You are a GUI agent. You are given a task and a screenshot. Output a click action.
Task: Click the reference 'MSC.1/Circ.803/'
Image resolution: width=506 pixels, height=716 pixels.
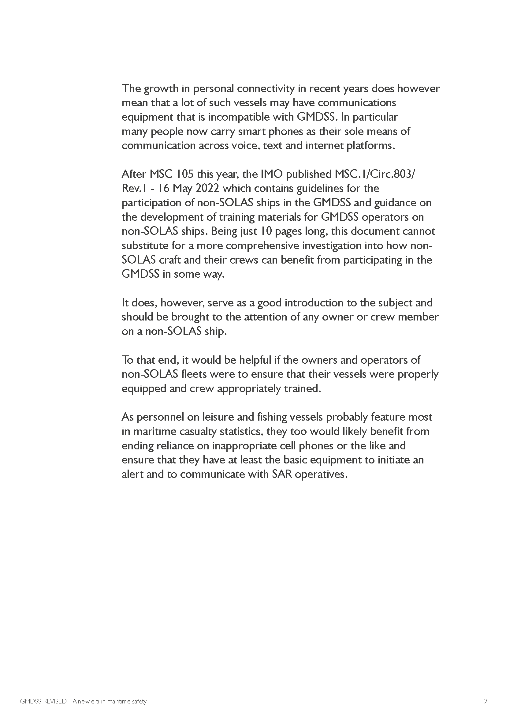pyautogui.click(x=375, y=174)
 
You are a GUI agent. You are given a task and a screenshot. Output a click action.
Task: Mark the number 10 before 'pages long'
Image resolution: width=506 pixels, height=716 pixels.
pyautogui.click(x=264, y=231)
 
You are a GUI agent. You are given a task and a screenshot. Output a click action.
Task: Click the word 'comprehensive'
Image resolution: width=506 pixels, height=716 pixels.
pyautogui.click(x=262, y=246)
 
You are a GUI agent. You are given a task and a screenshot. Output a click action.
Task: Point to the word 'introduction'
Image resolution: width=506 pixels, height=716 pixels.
pyautogui.click(x=320, y=303)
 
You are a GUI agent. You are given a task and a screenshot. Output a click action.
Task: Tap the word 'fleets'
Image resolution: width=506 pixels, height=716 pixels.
pyautogui.click(x=194, y=374)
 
